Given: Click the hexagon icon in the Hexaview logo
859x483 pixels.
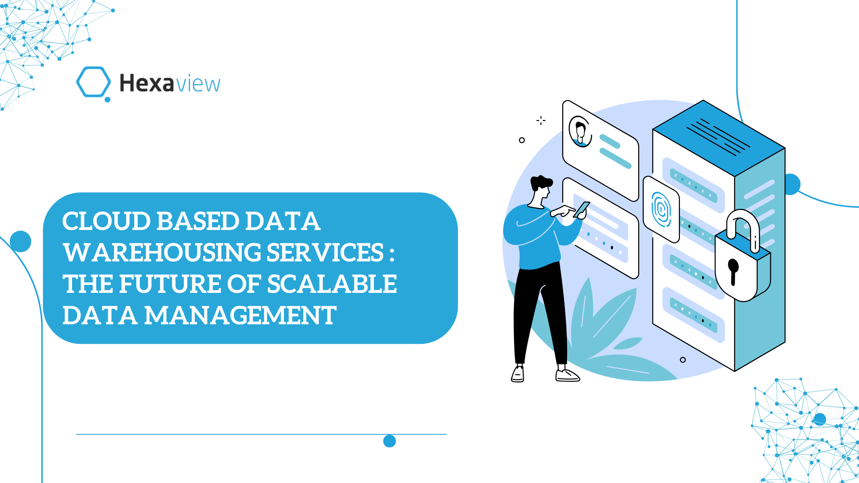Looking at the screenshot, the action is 93,82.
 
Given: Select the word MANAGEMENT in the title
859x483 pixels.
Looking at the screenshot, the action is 240,315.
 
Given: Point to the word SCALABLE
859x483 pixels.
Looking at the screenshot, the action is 332,284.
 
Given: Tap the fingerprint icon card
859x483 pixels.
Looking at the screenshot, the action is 661,209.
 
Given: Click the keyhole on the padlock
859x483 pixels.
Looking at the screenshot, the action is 733,271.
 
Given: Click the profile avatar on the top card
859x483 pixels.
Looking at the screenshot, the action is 580,131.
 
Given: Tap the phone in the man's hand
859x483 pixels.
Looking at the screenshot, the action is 582,210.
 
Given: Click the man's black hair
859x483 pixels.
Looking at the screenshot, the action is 541,182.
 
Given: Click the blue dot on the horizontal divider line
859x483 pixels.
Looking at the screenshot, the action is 390,441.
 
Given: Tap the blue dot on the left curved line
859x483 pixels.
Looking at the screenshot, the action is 20,242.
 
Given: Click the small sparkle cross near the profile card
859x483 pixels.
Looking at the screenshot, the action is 541,120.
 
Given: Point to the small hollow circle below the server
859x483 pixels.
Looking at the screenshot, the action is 683,360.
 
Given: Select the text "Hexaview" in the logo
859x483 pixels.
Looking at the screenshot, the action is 170,83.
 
